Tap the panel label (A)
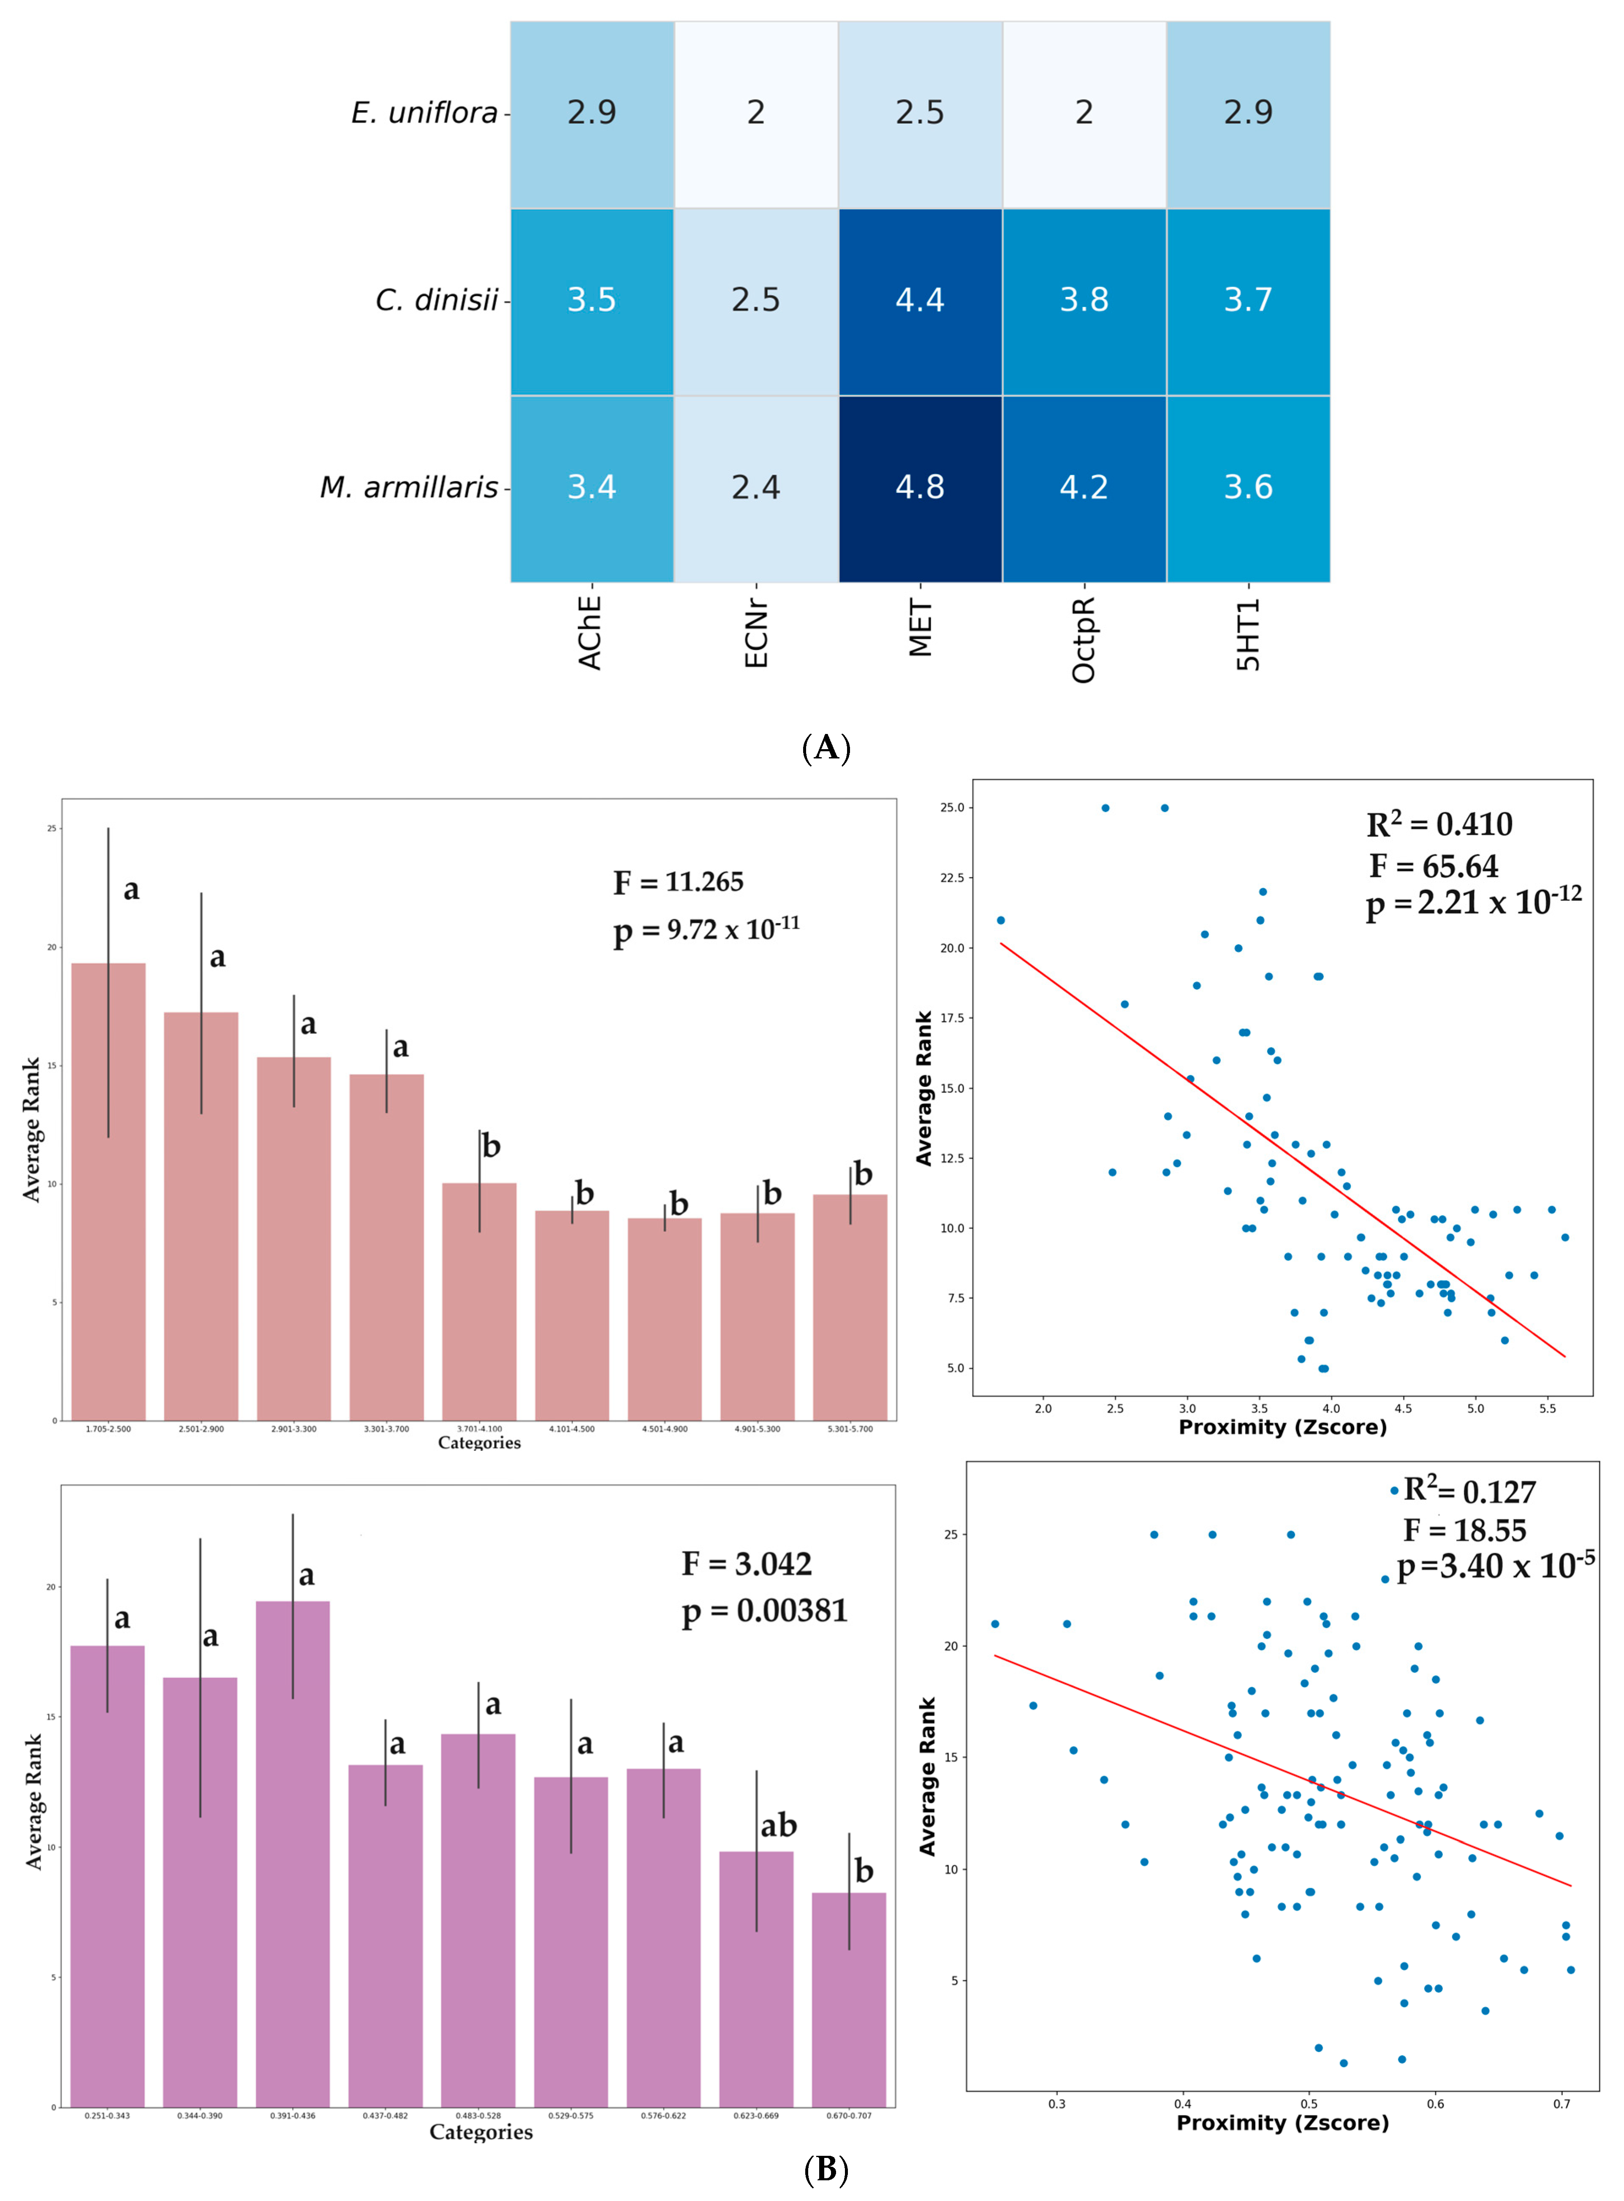(x=826, y=748)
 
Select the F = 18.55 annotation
(x=1465, y=1530)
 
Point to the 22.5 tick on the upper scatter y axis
(x=952, y=878)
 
